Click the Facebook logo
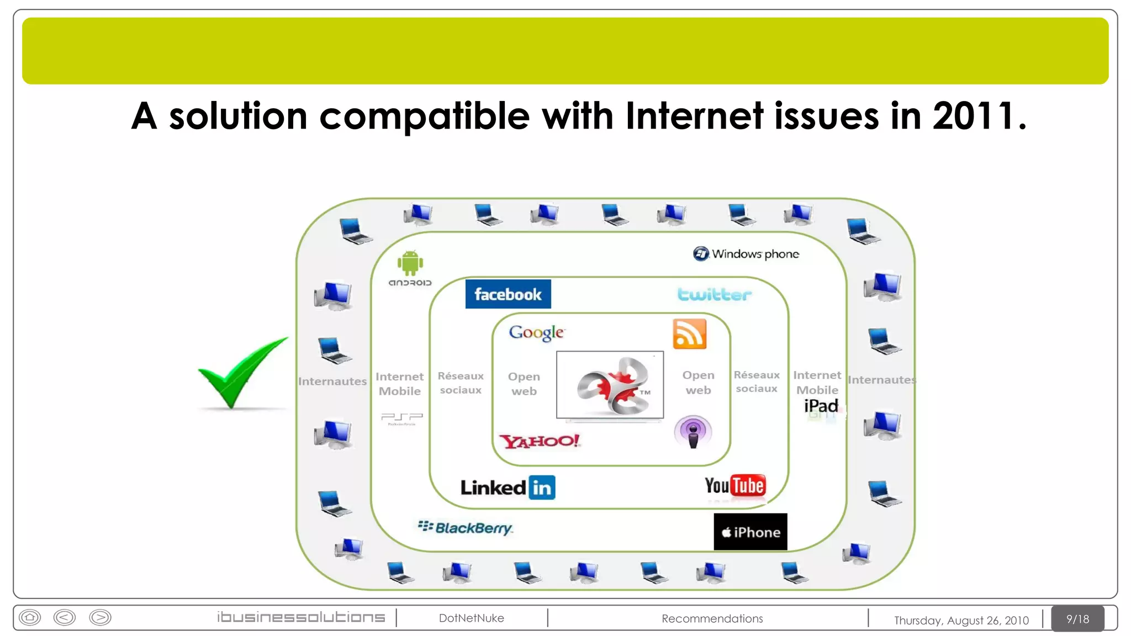click(508, 294)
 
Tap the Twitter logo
click(714, 294)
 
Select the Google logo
click(536, 332)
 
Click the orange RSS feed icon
click(689, 334)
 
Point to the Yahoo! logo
click(539, 441)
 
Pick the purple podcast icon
click(693, 432)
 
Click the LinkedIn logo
click(508, 487)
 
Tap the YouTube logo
click(734, 486)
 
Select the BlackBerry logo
click(466, 528)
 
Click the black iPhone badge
click(750, 532)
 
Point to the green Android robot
click(410, 263)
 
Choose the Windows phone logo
click(746, 254)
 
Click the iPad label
click(821, 406)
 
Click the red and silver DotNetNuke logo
click(610, 385)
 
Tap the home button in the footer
click(30, 617)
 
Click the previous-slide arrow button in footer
click(65, 617)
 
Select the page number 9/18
click(1077, 619)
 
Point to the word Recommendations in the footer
click(712, 618)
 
